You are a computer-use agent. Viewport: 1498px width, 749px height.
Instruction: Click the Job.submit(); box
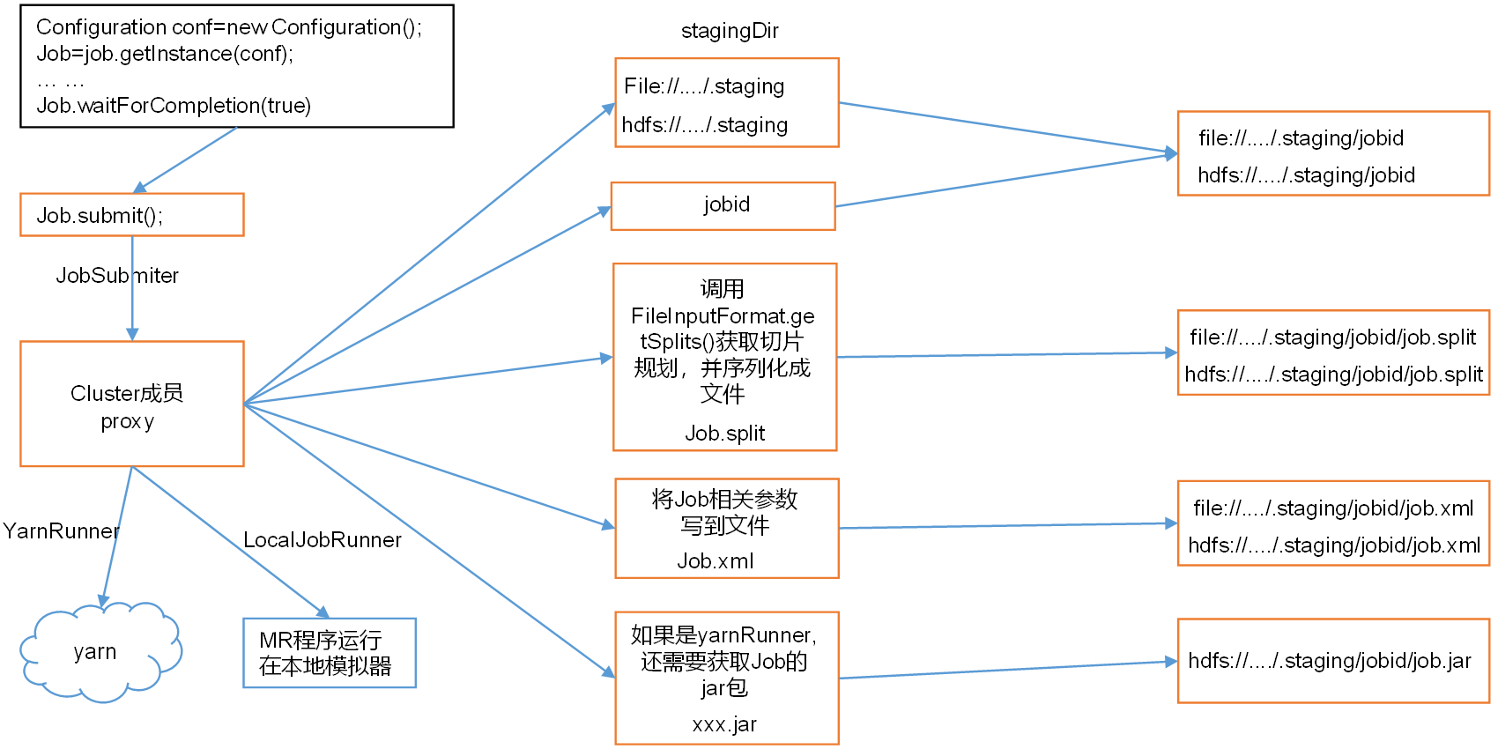pos(132,215)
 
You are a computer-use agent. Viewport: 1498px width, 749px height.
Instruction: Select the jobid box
pos(723,205)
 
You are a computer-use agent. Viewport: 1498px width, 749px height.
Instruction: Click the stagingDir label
pos(730,31)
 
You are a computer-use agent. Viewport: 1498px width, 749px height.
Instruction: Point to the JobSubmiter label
pos(117,276)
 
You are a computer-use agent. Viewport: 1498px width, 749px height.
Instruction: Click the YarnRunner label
pos(61,531)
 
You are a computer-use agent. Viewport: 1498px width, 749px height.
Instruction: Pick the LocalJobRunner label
pos(323,540)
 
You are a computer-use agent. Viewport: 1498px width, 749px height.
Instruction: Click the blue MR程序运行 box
pos(329,653)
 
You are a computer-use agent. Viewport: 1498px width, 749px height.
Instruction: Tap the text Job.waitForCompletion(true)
pos(174,106)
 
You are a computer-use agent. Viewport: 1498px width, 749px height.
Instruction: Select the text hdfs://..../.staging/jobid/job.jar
pos(1330,661)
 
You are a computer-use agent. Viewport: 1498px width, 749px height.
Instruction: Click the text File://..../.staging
pos(704,86)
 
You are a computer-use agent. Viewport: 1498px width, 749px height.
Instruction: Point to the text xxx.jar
pos(724,724)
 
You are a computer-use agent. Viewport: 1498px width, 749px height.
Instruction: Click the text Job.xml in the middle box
pos(716,561)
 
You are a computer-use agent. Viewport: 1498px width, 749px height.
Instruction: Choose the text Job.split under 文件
pos(725,434)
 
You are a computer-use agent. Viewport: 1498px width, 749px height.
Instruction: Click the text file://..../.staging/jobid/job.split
pos(1332,337)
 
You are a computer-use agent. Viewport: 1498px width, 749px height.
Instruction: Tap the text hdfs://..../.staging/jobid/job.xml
pos(1334,545)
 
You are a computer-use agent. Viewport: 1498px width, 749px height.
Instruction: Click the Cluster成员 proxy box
pos(132,404)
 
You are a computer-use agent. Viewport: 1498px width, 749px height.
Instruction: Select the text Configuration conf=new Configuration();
pos(229,27)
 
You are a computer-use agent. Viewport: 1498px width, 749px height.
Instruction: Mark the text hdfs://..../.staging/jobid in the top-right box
pos(1306,175)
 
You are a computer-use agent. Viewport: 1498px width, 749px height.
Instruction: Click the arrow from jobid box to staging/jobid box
pos(1005,180)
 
